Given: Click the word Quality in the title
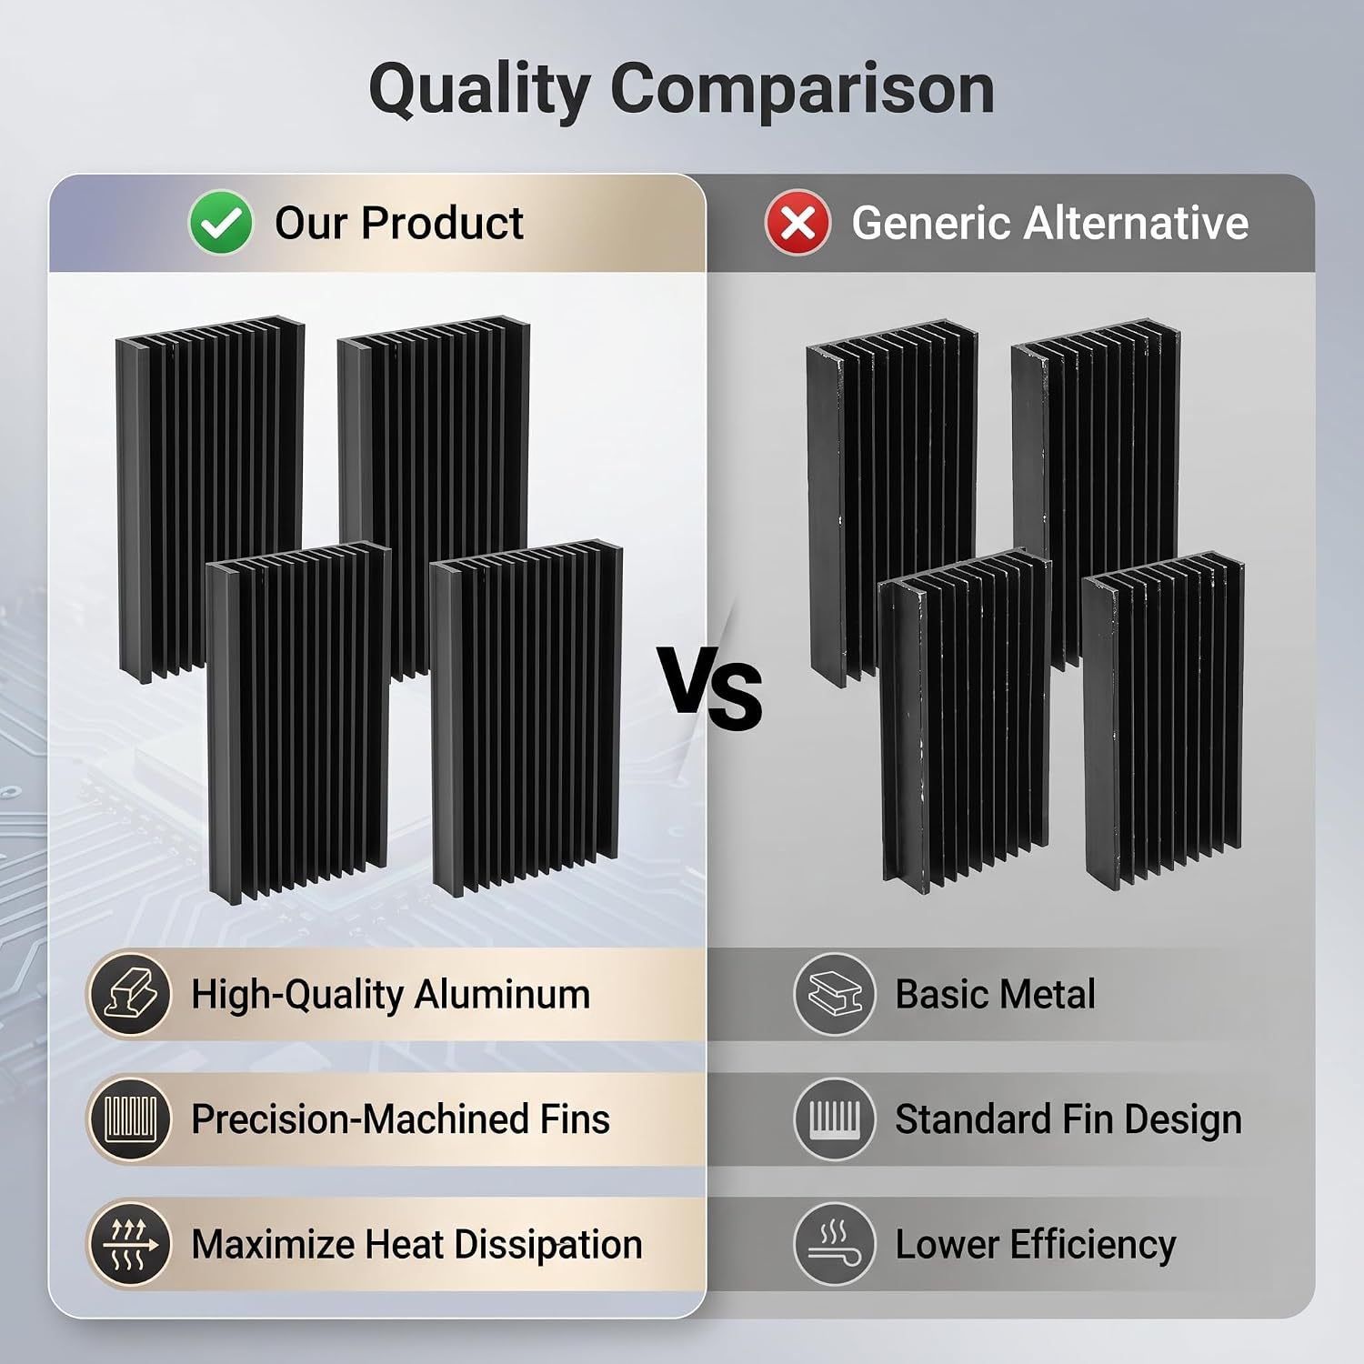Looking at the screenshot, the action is tap(479, 92).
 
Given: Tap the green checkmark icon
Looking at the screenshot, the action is tap(220, 223).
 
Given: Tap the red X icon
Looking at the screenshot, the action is tap(797, 223).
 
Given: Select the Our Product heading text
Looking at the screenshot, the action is tap(399, 223).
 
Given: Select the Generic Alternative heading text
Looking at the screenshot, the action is tap(1050, 223).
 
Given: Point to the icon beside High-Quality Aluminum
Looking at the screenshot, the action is tap(131, 994).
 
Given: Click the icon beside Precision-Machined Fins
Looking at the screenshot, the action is tap(131, 1118).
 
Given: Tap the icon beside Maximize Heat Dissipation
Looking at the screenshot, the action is tap(131, 1244).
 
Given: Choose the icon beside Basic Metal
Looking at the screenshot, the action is tap(835, 994).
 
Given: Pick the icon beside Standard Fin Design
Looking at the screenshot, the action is tap(835, 1118).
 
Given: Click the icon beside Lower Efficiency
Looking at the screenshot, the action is tap(835, 1244).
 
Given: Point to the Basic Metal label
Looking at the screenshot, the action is tap(996, 994).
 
